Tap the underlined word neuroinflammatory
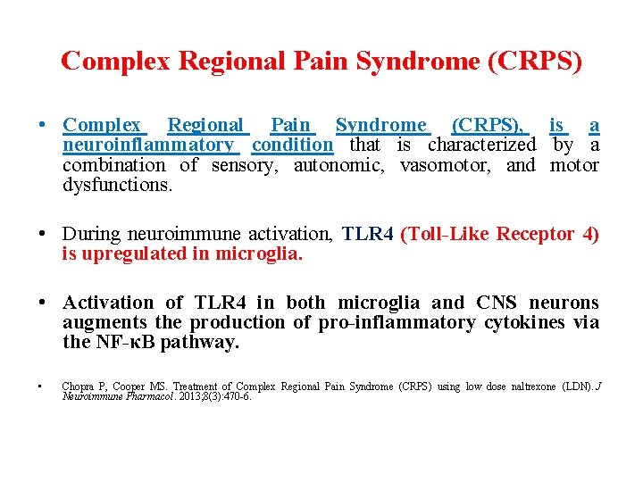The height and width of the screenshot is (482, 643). [x=148, y=145]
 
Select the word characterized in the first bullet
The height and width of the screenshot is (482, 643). [x=482, y=145]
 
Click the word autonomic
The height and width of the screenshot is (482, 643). [x=341, y=165]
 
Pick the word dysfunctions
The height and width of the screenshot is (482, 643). [x=117, y=186]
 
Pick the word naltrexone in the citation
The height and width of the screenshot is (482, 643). [x=536, y=386]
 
